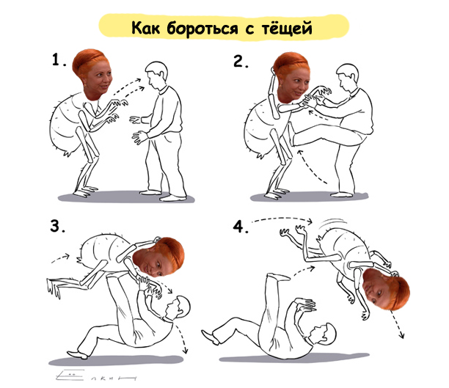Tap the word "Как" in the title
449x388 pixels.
(x=145, y=27)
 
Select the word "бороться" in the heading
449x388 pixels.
(x=202, y=29)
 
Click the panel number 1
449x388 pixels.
(x=59, y=60)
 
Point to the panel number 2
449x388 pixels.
(x=241, y=61)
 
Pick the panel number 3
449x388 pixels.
(x=57, y=225)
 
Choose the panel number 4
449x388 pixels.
(x=240, y=227)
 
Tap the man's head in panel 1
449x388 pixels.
(x=156, y=76)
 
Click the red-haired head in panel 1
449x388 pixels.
(x=92, y=74)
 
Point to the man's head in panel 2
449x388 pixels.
(x=347, y=78)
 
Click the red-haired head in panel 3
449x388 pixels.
(x=159, y=257)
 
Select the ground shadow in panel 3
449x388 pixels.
(x=116, y=360)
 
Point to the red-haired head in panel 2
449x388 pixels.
(x=291, y=77)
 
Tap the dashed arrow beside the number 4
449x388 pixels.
(x=282, y=219)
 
